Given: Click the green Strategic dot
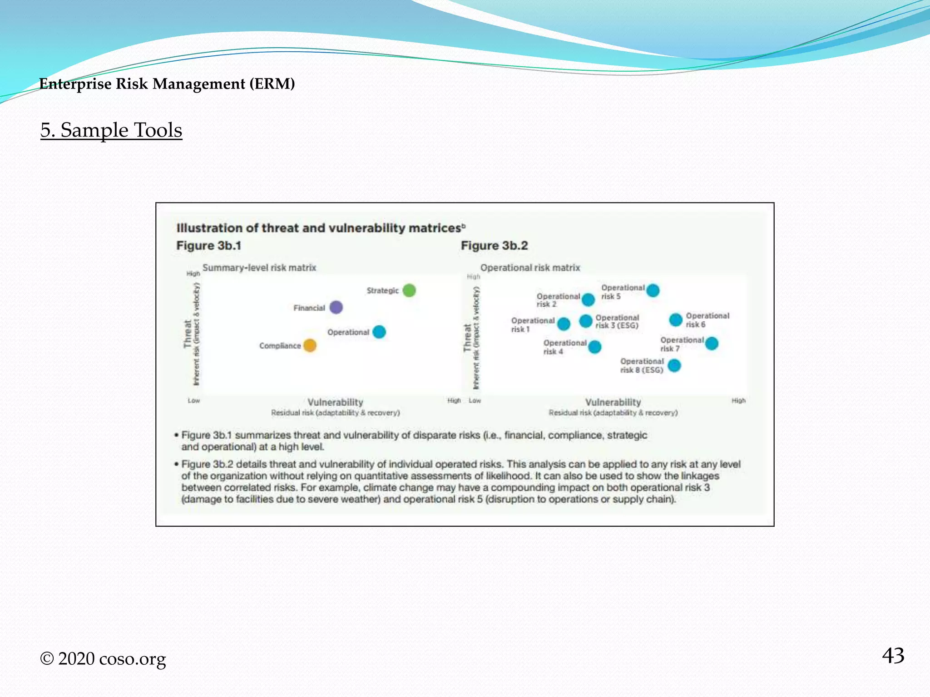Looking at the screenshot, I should pyautogui.click(x=409, y=290).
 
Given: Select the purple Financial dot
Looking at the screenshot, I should pyautogui.click(x=336, y=307).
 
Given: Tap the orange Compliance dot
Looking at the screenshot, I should pyautogui.click(x=310, y=345).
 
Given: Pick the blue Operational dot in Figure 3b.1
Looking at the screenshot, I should pyautogui.click(x=379, y=332).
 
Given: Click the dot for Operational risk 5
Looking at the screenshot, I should pyautogui.click(x=653, y=290).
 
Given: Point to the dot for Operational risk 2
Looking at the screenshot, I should pyautogui.click(x=588, y=299).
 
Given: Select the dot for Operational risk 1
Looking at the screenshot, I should pyautogui.click(x=564, y=324).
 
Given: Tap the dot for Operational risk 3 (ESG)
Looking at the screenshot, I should pyautogui.click(x=586, y=321).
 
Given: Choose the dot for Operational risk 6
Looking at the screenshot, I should pyautogui.click(x=676, y=319).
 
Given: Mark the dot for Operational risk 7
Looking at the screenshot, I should pyautogui.click(x=712, y=344).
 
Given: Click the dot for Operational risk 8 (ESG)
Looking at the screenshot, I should pyautogui.click(x=674, y=365).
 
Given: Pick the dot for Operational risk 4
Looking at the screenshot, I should pyautogui.click(x=594, y=347).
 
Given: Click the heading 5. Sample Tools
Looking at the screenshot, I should pyautogui.click(x=111, y=130).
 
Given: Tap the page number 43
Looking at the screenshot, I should pyautogui.click(x=893, y=656).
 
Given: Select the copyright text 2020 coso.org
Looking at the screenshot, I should pyautogui.click(x=103, y=659).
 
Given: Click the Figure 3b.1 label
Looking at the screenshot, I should pyautogui.click(x=209, y=245).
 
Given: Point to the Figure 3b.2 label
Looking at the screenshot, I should pyautogui.click(x=494, y=245).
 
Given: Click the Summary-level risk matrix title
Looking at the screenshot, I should pyautogui.click(x=259, y=268).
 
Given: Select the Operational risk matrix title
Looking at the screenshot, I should pyautogui.click(x=530, y=268).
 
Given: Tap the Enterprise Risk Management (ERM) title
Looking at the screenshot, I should pyautogui.click(x=167, y=84).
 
